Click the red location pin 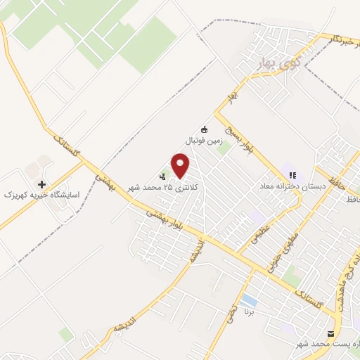(x=181, y=166)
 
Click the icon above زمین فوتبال (x=205, y=129)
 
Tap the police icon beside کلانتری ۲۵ (x=163, y=177)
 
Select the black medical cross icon (x=43, y=184)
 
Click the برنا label (x=246, y=310)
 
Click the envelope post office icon (x=330, y=333)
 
